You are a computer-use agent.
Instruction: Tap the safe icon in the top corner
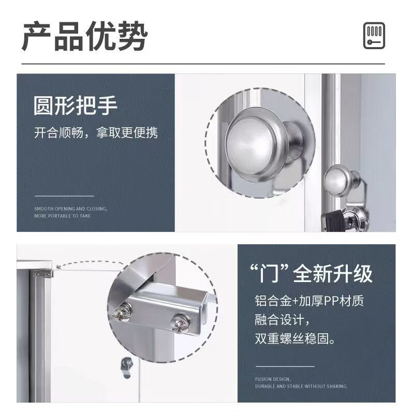(x=373, y=36)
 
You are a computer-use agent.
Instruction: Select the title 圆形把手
(x=76, y=106)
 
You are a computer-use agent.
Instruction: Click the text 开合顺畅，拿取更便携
(x=96, y=133)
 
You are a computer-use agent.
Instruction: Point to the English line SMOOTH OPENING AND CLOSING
(x=71, y=209)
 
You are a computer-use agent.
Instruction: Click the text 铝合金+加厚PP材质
(x=309, y=301)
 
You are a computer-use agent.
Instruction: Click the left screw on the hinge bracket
(x=125, y=310)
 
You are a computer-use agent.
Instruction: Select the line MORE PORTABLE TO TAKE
(x=63, y=215)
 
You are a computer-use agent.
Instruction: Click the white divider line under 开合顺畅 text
(x=64, y=196)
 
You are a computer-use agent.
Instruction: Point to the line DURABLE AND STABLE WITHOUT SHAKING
(x=301, y=386)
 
